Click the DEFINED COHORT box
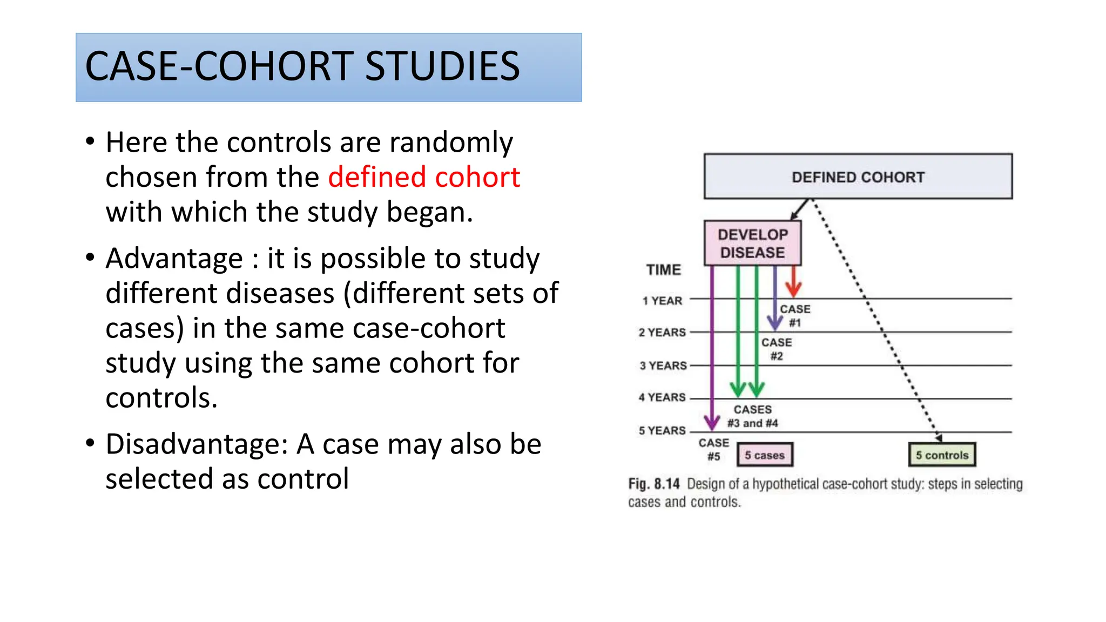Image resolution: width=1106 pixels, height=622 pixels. (x=858, y=177)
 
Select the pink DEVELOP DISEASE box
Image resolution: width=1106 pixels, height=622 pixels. (x=752, y=243)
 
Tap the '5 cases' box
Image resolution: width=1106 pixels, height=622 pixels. (x=764, y=455)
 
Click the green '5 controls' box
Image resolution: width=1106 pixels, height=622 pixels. (x=942, y=455)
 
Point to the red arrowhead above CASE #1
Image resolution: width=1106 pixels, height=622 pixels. (x=793, y=289)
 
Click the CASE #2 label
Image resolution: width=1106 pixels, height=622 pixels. (x=777, y=349)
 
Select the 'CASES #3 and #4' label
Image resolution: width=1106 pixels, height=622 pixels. (x=752, y=416)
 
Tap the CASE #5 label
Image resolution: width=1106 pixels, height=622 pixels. (x=713, y=449)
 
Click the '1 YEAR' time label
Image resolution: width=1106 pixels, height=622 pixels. (x=662, y=301)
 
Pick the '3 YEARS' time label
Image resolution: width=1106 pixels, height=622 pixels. (x=663, y=366)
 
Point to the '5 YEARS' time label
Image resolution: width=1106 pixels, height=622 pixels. (x=662, y=430)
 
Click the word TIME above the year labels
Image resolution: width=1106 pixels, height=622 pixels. (x=663, y=269)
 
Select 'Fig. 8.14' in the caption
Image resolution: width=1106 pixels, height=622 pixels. (x=653, y=483)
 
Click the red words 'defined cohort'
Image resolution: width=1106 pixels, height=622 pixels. (x=424, y=177)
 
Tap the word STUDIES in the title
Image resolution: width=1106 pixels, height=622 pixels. (x=442, y=66)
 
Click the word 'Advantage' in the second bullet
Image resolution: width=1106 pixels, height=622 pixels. (x=174, y=258)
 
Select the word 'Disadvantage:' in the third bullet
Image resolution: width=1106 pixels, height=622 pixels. (x=197, y=444)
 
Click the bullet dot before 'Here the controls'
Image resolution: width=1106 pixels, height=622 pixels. (x=90, y=142)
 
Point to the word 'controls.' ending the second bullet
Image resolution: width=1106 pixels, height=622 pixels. (x=161, y=398)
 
